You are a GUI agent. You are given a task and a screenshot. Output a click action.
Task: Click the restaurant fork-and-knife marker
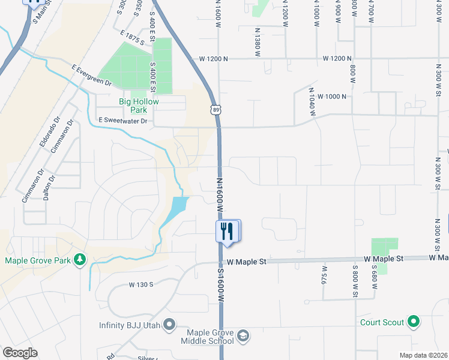pyautogui.click(x=227, y=231)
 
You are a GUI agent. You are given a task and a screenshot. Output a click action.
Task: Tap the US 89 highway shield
pyautogui.click(x=215, y=109)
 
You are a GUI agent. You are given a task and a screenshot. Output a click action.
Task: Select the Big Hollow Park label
pyautogui.click(x=139, y=106)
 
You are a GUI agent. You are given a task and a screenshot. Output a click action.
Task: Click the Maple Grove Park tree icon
pyautogui.click(x=79, y=260)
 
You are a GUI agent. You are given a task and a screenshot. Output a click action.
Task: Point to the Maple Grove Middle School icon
pyautogui.click(x=243, y=335)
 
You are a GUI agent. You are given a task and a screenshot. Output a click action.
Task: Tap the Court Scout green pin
pyautogui.click(x=413, y=322)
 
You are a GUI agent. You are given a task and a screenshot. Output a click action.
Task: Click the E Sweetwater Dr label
pyautogui.click(x=122, y=121)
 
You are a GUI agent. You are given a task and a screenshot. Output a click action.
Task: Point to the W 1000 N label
pyautogui.click(x=332, y=96)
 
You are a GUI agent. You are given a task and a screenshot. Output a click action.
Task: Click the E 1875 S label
pyautogui.click(x=132, y=37)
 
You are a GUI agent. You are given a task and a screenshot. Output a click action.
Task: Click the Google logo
pyautogui.click(x=20, y=353)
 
